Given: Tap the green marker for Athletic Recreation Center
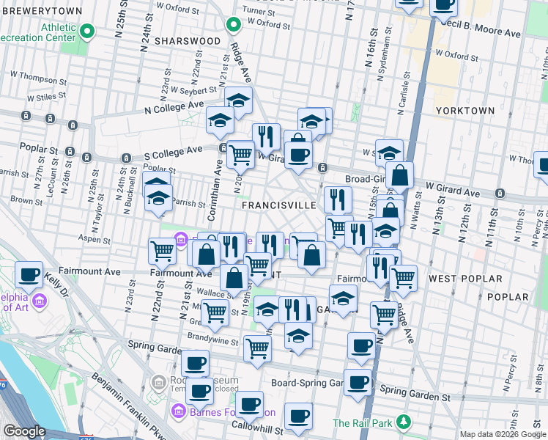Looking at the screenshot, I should point(88,31).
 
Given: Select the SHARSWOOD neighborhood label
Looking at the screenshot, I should point(192,41).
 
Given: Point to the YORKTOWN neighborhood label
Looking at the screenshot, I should point(465,110).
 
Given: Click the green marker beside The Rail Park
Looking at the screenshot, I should point(403,422).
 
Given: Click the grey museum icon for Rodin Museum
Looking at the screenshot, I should point(158,382).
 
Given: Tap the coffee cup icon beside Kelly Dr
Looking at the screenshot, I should point(29,274).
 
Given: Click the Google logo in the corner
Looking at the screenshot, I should point(24,432).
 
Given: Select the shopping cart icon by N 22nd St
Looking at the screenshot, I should point(162,251).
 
